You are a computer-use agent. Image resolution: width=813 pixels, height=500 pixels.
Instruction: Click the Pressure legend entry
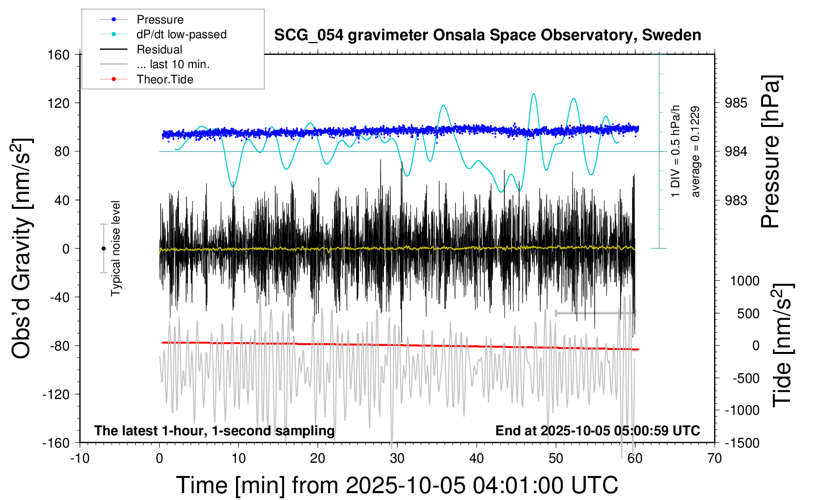coord(160,20)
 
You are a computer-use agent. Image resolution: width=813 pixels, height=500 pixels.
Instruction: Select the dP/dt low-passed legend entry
coord(181,34)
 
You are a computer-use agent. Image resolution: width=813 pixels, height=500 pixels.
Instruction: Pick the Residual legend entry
coord(159,50)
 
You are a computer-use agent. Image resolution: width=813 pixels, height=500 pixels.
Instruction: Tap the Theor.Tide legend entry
coord(165,79)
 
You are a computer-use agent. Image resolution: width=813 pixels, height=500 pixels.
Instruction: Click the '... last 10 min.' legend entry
coord(173,64)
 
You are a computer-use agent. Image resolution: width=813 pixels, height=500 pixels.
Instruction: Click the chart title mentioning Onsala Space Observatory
coord(487,35)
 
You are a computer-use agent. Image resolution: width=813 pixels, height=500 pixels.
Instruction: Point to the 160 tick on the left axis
coord(59,54)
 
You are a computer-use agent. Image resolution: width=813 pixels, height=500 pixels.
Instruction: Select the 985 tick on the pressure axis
coord(736,103)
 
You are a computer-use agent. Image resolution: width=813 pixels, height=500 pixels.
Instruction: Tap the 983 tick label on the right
coord(736,200)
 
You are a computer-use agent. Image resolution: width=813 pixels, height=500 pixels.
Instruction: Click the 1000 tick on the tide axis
coord(744,281)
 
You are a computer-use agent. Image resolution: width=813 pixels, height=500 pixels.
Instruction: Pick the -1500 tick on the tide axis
coord(742,443)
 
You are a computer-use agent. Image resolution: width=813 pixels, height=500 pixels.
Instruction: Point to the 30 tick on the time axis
coord(397,458)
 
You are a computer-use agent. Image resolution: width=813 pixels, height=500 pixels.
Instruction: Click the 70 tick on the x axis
coord(715,458)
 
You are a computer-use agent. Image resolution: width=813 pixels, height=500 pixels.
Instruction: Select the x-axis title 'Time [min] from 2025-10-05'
coord(397,485)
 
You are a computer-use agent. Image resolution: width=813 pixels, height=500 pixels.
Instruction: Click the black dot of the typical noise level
coord(103,249)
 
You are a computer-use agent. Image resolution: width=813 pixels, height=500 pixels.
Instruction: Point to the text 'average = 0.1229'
coord(695,152)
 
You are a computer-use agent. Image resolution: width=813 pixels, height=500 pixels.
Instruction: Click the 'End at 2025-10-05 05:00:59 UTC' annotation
coord(598,431)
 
